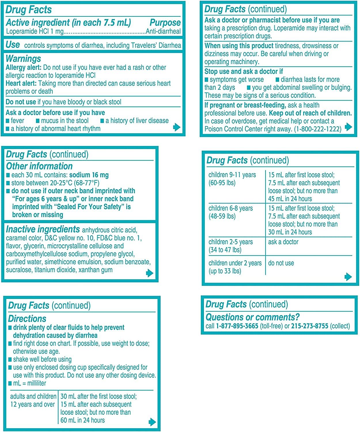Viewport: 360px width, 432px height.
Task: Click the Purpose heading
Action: click(165, 22)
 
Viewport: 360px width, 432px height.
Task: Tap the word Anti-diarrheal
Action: click(163, 31)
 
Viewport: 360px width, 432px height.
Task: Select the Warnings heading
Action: click(23, 59)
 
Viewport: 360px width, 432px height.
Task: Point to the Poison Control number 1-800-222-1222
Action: click(318, 129)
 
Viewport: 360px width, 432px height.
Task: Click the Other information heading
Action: click(39, 166)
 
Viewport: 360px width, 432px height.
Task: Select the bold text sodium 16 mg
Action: click(89, 175)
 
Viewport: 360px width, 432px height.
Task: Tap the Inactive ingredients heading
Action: click(43, 229)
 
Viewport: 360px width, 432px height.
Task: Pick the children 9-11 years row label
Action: click(232, 179)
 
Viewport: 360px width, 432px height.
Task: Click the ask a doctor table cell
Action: click(283, 242)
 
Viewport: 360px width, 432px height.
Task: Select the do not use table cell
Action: click(281, 263)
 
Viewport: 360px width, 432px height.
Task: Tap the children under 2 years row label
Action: click(235, 267)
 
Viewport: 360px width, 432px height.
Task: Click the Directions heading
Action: click(27, 319)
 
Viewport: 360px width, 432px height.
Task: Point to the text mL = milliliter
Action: click(29, 383)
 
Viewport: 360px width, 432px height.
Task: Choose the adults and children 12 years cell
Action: click(33, 400)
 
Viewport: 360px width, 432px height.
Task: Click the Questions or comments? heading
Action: click(252, 317)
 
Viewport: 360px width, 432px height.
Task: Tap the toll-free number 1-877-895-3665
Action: click(237, 326)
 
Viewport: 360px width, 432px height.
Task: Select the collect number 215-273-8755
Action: click(310, 326)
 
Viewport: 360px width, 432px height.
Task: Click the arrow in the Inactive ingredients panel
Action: click(149, 273)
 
